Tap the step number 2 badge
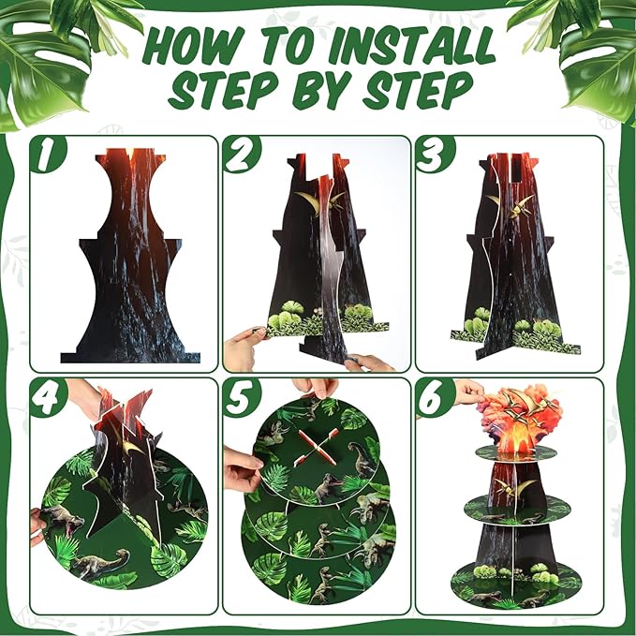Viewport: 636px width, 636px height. [x=241, y=154]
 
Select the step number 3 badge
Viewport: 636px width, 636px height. [x=434, y=154]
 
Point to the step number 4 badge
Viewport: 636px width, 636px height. [x=48, y=396]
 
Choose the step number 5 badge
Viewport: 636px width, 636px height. [x=241, y=396]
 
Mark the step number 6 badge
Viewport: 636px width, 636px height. [x=434, y=397]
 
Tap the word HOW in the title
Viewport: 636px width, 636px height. [x=194, y=48]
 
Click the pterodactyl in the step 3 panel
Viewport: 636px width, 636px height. [x=511, y=205]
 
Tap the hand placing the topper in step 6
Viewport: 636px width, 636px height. [x=468, y=392]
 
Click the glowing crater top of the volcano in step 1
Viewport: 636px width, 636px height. [x=130, y=156]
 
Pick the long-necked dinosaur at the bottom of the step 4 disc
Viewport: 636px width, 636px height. [x=101, y=562]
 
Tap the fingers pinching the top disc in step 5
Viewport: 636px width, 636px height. [x=317, y=389]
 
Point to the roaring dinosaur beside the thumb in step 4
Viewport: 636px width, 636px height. [x=61, y=519]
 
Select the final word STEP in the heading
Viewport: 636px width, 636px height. [x=420, y=90]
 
